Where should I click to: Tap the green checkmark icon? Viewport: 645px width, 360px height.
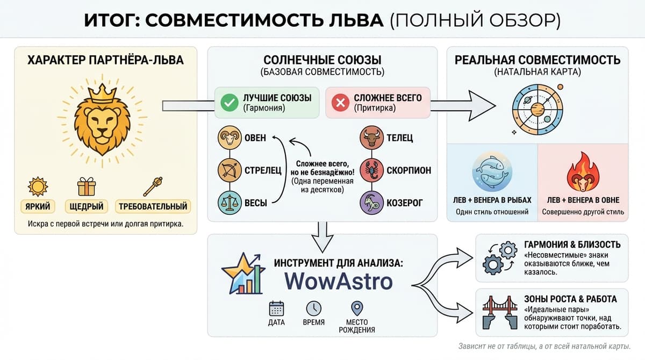(229, 102)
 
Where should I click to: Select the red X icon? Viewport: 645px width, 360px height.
(340, 102)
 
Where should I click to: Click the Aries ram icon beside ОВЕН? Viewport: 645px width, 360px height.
(229, 138)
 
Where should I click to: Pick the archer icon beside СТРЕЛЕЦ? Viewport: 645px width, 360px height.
(229, 170)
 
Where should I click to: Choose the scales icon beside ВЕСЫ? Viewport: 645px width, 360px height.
(229, 203)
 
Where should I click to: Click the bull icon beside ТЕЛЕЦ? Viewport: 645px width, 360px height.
(371, 138)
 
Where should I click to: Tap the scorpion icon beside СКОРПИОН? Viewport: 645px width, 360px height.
(371, 170)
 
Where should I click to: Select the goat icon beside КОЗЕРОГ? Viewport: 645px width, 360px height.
(371, 203)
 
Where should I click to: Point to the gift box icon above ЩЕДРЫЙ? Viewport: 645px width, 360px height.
(86, 186)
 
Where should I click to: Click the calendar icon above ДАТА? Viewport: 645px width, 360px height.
(276, 308)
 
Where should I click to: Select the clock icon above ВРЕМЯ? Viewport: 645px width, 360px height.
(314, 308)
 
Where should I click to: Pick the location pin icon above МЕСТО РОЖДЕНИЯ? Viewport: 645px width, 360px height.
(357, 308)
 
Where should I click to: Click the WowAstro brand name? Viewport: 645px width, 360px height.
(338, 282)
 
